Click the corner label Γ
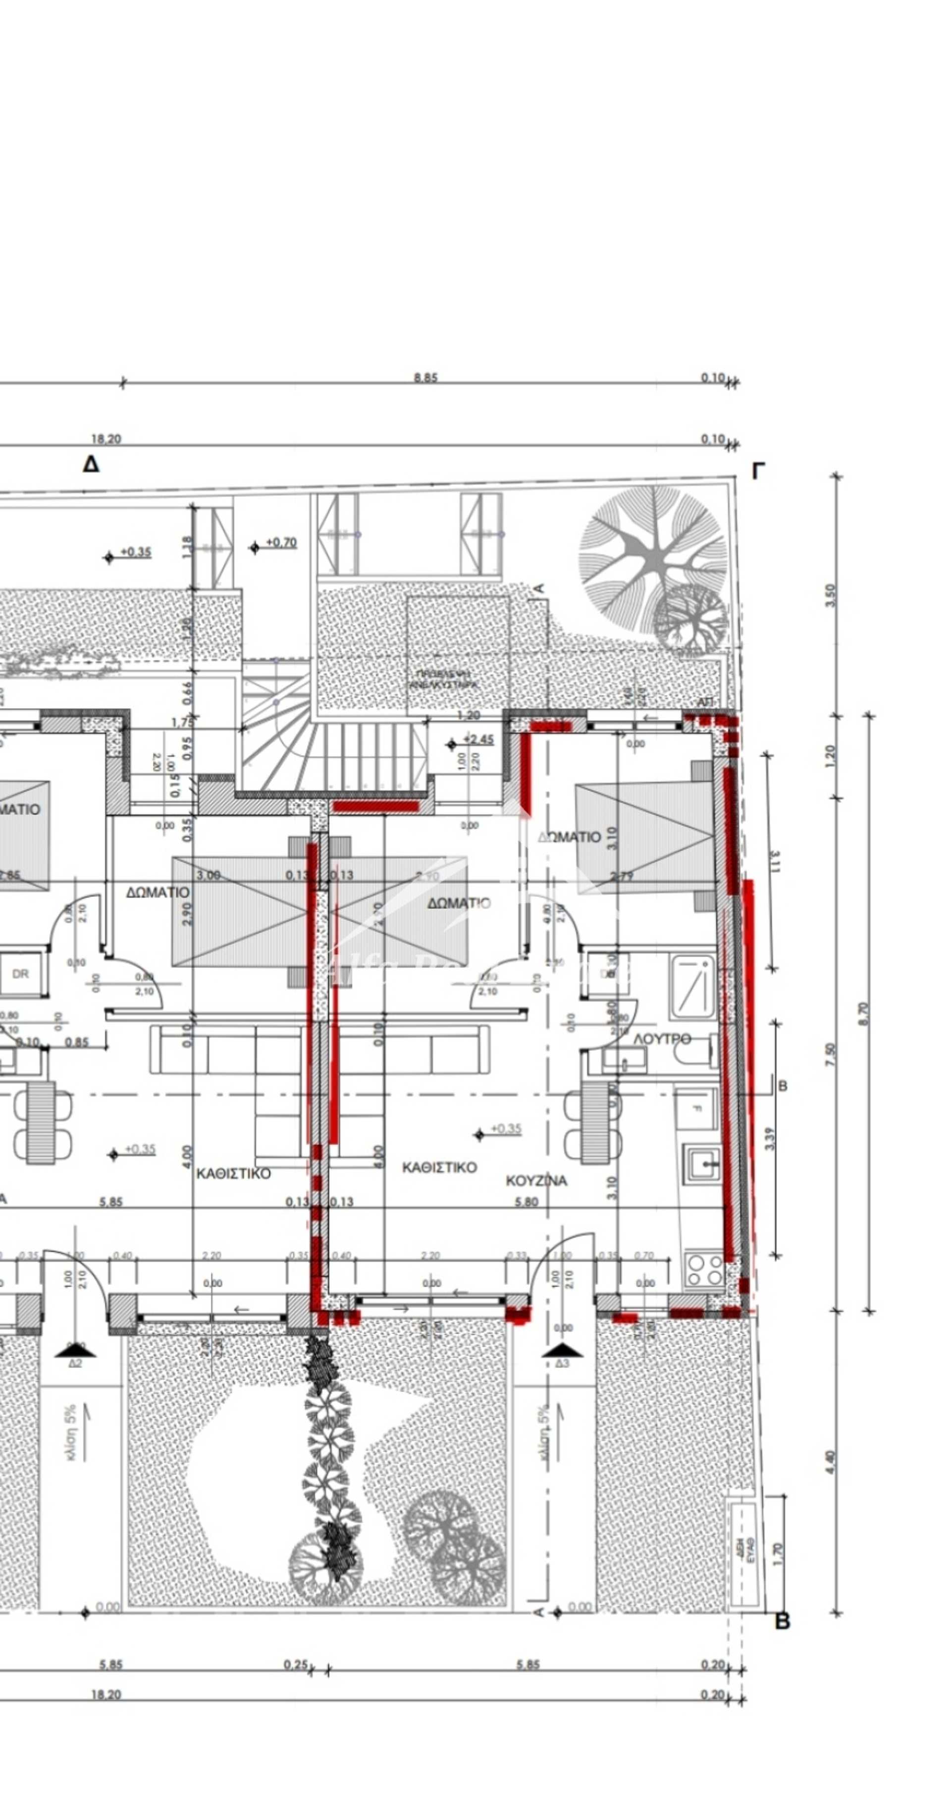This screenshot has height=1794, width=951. tap(758, 472)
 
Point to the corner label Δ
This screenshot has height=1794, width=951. tap(91, 465)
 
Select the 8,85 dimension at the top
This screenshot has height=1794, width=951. tap(425, 377)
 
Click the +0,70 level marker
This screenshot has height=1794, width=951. tap(280, 542)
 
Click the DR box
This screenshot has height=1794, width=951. tap(21, 974)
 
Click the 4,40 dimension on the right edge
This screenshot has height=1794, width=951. tap(829, 1461)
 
